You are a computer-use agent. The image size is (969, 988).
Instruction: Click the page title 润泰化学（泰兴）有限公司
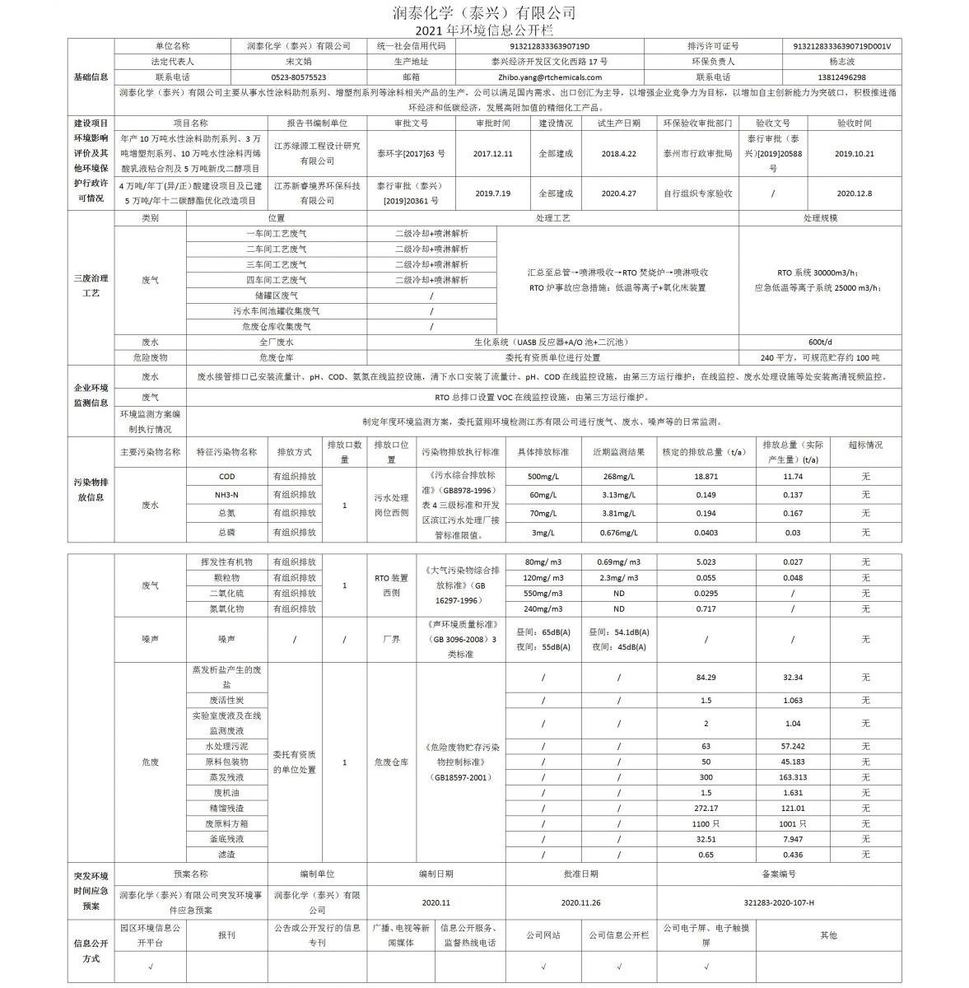tap(485, 12)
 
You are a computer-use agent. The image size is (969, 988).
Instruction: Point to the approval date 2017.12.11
tap(492, 153)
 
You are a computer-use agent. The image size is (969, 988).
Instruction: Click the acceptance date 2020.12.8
tap(854, 193)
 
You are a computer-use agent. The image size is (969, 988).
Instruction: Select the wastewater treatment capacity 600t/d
tap(820, 342)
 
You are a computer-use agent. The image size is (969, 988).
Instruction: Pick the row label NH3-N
tap(226, 495)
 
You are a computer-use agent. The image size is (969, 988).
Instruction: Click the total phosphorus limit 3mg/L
tap(543, 533)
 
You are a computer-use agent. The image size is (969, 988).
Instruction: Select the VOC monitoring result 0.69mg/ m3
tap(617, 562)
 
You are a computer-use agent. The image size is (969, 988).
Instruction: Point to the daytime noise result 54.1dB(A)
tap(619, 631)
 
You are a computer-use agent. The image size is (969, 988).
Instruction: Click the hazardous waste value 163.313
tap(793, 776)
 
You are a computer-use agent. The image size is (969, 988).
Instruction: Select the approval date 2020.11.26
tap(581, 902)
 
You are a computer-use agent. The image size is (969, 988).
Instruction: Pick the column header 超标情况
tap(865, 445)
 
